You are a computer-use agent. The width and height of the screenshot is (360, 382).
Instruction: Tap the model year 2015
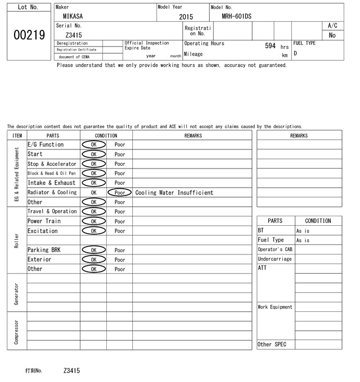tap(186, 17)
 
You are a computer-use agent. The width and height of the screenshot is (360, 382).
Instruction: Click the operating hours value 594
tap(270, 46)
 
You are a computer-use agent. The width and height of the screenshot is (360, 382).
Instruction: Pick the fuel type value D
tap(295, 54)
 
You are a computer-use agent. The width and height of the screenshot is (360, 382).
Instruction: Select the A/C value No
tap(332, 35)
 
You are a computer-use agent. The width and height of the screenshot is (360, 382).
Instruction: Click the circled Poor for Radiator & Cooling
tap(120, 192)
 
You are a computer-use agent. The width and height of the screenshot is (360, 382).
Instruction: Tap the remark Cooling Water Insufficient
tap(174, 193)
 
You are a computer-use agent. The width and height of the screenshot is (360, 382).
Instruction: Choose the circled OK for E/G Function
tap(94, 144)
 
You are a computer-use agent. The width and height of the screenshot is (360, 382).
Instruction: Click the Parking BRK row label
tap(43, 250)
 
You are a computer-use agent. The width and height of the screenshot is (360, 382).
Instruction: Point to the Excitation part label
tap(43, 231)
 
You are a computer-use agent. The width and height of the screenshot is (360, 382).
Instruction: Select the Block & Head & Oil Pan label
tap(52, 173)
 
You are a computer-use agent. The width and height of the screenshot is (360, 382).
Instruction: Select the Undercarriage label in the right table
tap(274, 259)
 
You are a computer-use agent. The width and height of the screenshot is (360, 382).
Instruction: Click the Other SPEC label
tap(272, 344)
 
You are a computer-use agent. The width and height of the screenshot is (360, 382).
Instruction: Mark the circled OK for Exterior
tap(94, 260)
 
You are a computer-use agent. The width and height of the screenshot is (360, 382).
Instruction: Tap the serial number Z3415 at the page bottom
tap(72, 371)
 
